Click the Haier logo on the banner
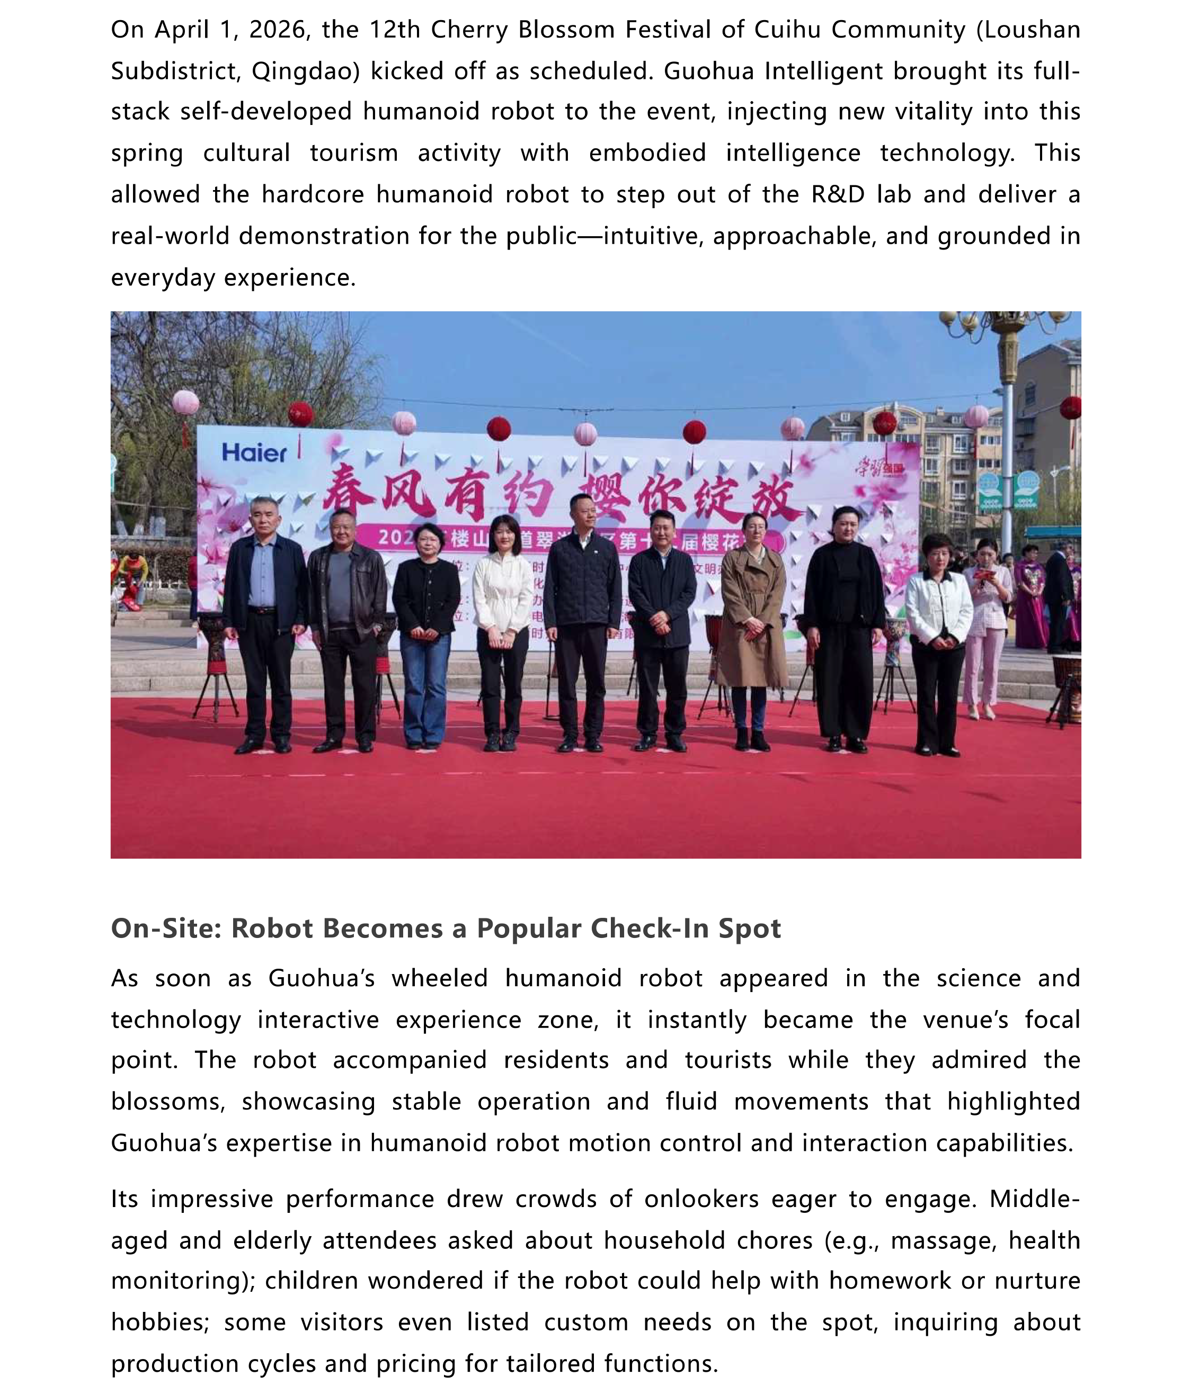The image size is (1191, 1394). (254, 453)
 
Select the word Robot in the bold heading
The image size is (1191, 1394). (272, 928)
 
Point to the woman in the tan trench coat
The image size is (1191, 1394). (752, 605)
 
